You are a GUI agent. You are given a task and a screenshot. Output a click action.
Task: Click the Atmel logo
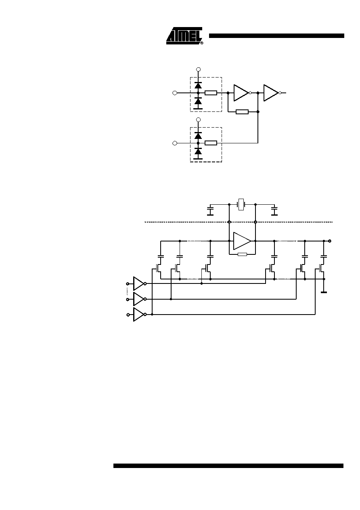point(184,36)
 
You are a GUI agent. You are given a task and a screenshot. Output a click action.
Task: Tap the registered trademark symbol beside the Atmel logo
point(201,43)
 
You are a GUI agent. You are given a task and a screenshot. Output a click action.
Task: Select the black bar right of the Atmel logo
point(276,36)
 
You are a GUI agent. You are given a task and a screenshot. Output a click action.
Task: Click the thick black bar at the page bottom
point(228,466)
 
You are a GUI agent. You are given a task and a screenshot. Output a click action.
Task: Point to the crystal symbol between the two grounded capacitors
point(241,204)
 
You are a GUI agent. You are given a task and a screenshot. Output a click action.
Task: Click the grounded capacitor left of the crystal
point(210,210)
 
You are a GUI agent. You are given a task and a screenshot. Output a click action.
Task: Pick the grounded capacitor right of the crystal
point(274,210)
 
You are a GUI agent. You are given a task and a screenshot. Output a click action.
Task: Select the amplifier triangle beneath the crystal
point(242,241)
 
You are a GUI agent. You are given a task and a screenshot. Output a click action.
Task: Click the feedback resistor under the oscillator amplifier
point(242,254)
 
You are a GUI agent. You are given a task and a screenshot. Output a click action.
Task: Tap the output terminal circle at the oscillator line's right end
point(330,241)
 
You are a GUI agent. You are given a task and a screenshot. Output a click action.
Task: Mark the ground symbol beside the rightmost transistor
point(324,292)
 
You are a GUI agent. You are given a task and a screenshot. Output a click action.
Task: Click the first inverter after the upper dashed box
point(242,92)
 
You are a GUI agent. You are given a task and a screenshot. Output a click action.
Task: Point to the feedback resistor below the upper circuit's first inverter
point(242,112)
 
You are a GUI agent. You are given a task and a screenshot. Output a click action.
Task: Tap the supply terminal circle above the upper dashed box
point(199,69)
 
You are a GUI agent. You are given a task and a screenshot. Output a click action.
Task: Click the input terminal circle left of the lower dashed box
point(175,143)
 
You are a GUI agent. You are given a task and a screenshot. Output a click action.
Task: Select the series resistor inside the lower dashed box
point(211,143)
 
